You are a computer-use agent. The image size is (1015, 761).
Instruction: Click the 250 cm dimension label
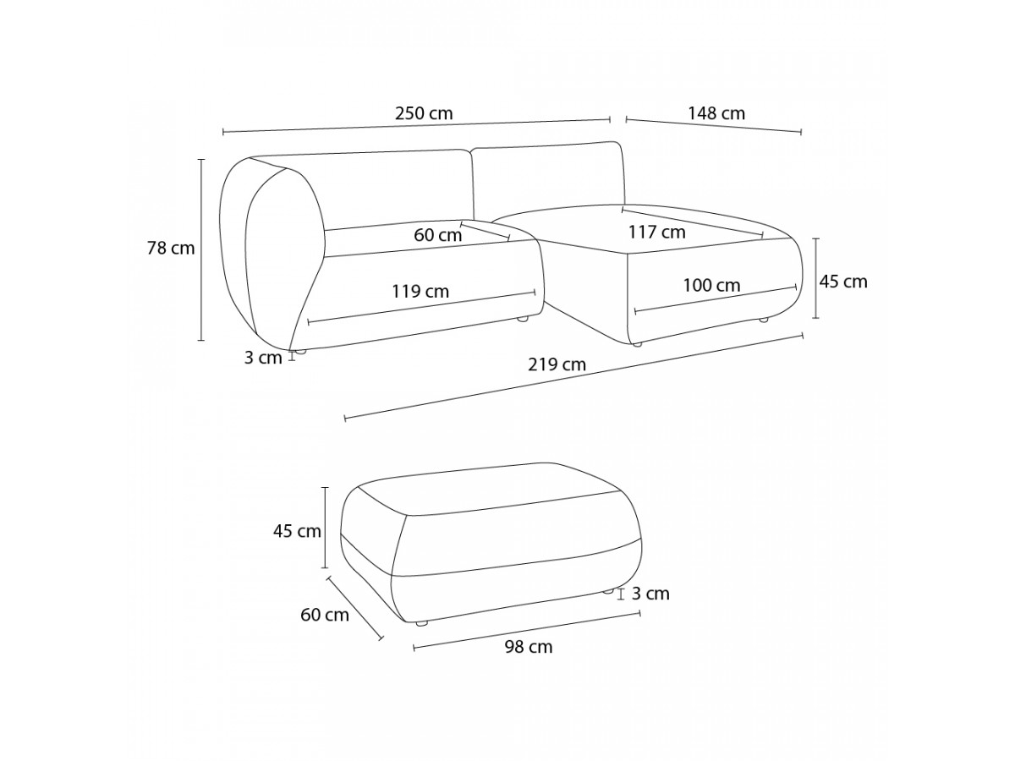424,113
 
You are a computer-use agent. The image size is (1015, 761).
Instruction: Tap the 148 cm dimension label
716,113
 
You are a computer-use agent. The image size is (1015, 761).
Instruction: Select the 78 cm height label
171,249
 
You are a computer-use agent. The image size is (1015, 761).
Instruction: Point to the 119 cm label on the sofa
420,292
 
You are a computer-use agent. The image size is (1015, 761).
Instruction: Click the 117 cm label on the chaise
656,232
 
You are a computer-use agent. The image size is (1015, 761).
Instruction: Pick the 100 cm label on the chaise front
711,286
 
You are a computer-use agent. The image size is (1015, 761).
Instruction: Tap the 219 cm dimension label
557,365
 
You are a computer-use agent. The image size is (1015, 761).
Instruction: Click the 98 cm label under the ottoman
529,647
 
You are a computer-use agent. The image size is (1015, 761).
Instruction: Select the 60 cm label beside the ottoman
325,615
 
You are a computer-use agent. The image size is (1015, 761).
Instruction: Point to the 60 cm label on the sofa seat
437,235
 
